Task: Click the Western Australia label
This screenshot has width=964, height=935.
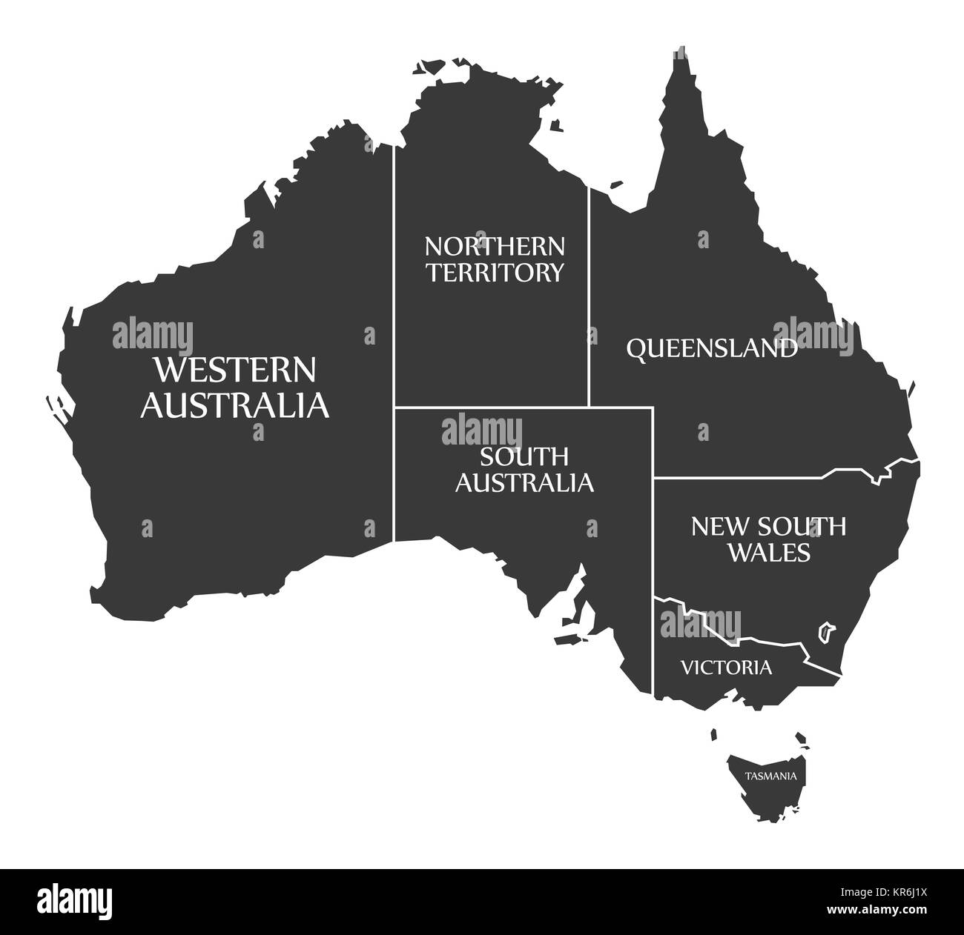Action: pos(235,387)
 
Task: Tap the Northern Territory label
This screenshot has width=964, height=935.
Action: pos(494,259)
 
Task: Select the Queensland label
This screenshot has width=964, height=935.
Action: pos(712,347)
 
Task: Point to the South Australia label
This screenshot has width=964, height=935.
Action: pos(524,469)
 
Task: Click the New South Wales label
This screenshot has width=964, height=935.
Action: pos(767,539)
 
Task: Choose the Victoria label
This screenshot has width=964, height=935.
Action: pos(726,668)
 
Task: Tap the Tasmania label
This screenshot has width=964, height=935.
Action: pos(771,776)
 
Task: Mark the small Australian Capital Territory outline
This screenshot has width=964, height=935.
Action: pos(823,632)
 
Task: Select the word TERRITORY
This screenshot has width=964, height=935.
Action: pos(494,272)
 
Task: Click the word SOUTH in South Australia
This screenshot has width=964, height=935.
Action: pos(524,456)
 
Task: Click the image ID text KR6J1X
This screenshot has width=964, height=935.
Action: pos(909,892)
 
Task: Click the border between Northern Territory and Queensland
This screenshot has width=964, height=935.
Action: pos(589,296)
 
